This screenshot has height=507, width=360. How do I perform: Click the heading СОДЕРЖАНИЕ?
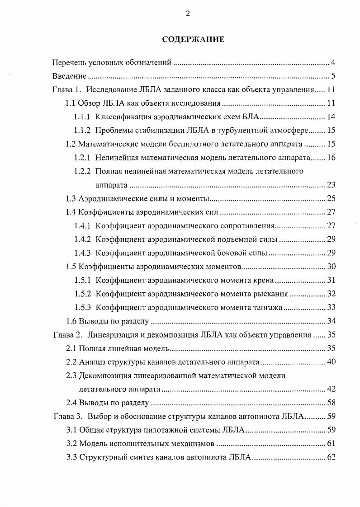click(x=193, y=39)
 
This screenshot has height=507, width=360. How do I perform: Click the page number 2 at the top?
click(x=188, y=14)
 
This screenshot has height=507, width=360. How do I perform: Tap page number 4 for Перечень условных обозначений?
click(x=333, y=62)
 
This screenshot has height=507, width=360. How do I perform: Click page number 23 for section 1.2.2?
click(x=331, y=185)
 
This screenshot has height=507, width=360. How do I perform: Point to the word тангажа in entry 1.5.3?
click(x=270, y=308)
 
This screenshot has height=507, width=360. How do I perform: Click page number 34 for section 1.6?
click(x=331, y=321)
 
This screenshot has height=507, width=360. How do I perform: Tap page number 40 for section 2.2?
click(x=331, y=362)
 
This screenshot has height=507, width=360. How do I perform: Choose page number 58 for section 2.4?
click(x=331, y=403)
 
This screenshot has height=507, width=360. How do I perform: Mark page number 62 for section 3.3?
click(x=331, y=457)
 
